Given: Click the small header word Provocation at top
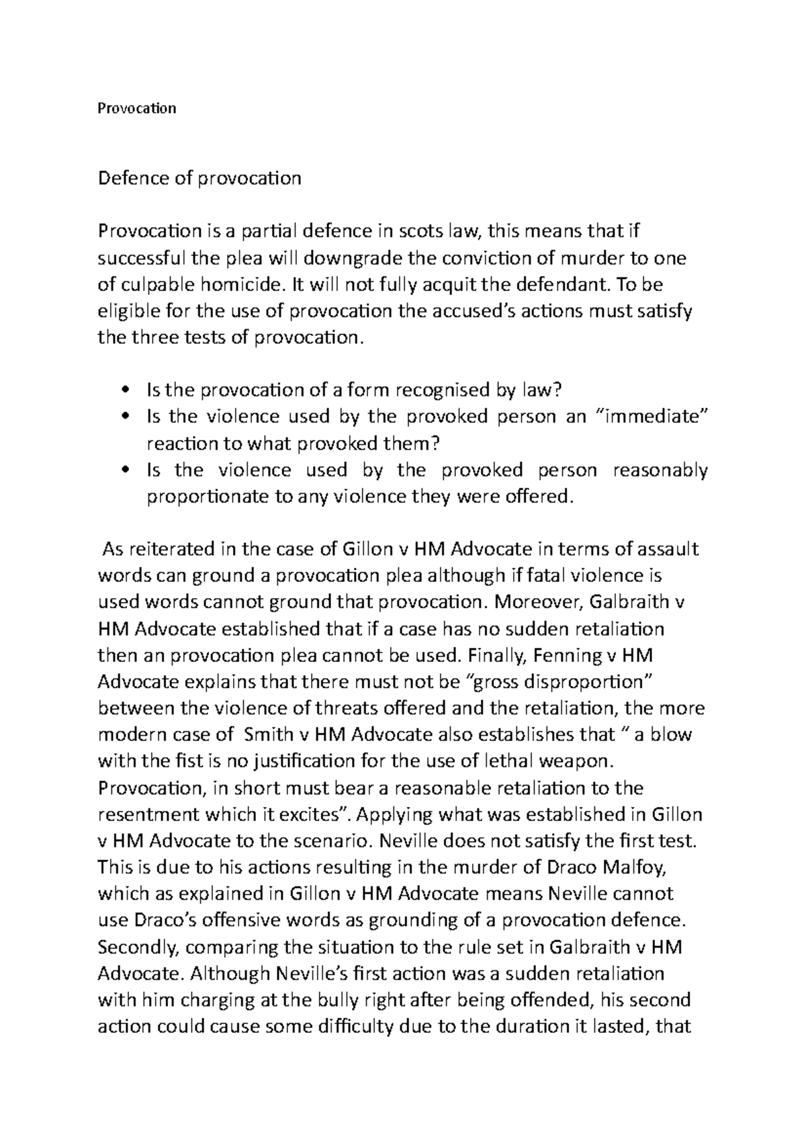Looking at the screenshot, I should (x=137, y=108).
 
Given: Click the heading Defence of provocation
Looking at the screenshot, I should (x=199, y=178).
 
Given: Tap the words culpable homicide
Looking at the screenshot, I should (x=197, y=285).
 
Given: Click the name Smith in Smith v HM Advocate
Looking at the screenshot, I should (x=270, y=734).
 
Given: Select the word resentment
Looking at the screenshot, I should (x=146, y=814).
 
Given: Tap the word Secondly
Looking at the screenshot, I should (x=139, y=947).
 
